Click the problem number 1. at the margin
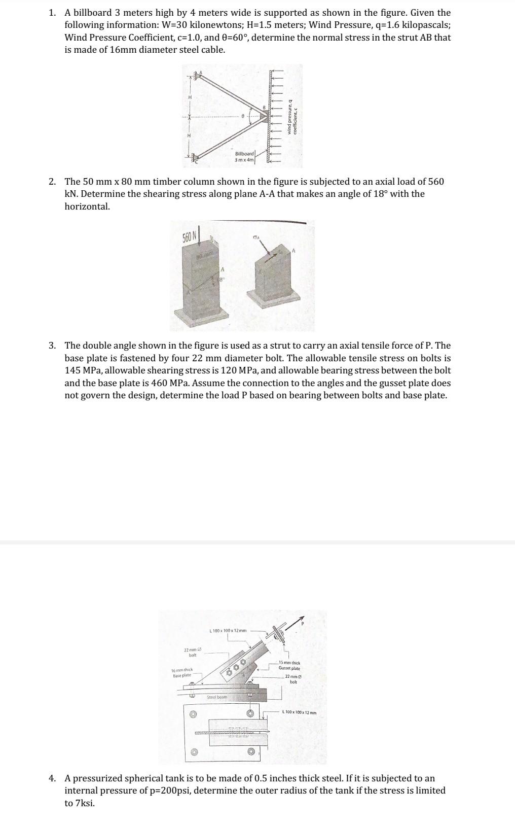coord(52,13)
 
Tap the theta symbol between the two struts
coord(243,117)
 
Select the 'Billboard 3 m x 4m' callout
coord(244,157)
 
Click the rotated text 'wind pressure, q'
coord(290,117)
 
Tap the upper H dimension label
coord(190,97)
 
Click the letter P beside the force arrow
coord(303,624)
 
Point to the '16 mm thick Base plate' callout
coord(182,673)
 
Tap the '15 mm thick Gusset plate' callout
coord(289,666)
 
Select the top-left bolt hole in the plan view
coord(192,714)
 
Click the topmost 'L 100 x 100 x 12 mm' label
coord(228,631)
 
